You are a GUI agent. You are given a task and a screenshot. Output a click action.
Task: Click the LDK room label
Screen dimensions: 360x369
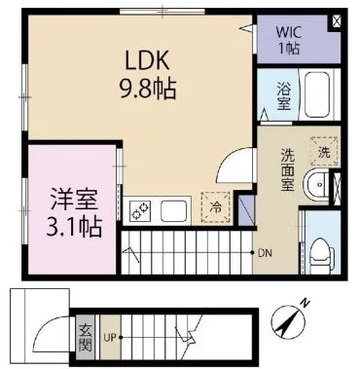(148, 60)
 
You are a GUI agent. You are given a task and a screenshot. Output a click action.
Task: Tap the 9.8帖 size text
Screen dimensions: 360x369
(148, 89)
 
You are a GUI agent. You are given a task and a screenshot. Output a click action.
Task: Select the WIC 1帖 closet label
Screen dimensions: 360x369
(288, 40)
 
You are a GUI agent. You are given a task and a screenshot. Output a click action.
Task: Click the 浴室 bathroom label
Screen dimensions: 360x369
(283, 95)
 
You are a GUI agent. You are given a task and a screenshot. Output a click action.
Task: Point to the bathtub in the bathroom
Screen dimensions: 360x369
(317, 94)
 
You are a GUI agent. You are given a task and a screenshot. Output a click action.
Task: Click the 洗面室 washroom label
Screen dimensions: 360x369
(287, 169)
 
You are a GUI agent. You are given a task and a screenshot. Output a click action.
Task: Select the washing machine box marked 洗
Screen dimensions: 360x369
(324, 152)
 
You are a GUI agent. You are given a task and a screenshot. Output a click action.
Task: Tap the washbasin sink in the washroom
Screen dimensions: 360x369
(316, 185)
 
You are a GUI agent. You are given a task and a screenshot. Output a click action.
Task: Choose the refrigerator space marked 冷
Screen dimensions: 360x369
(215, 207)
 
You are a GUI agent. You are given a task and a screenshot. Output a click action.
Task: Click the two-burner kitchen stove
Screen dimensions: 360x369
(140, 210)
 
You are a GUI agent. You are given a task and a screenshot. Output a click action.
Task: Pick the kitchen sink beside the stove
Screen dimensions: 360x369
(173, 210)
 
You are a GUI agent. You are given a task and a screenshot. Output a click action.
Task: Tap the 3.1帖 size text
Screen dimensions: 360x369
(74, 226)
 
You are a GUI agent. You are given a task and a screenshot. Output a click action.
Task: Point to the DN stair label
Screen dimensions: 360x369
(265, 253)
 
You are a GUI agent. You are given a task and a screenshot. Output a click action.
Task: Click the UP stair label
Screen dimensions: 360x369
(110, 338)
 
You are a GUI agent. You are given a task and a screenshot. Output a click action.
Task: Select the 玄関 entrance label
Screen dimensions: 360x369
(86, 338)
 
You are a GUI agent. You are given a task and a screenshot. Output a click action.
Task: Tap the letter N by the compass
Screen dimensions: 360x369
(305, 303)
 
